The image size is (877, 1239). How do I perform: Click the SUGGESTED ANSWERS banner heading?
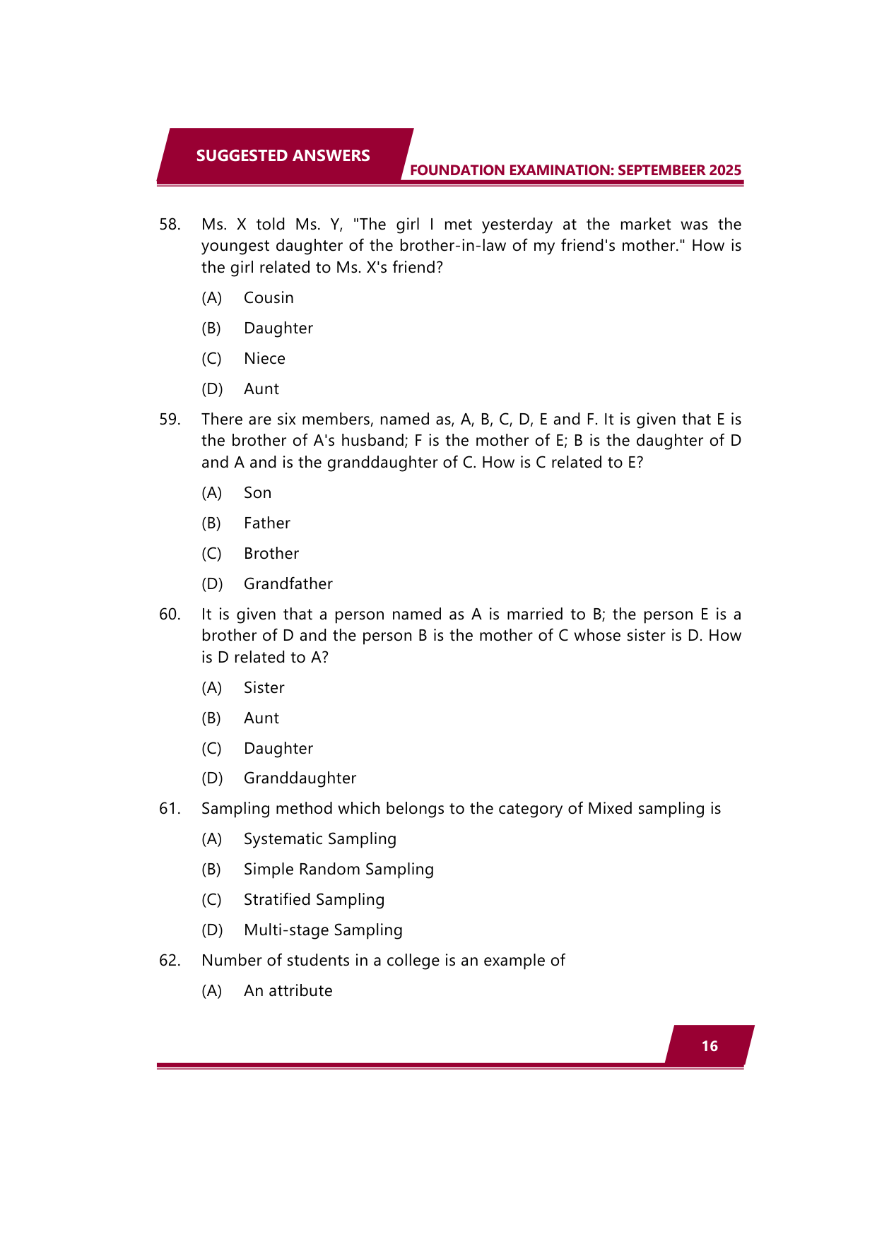tap(283, 155)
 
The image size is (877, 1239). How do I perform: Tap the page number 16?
tap(710, 1046)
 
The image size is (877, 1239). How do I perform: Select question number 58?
tap(170, 225)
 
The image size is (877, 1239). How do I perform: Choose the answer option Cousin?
tap(269, 298)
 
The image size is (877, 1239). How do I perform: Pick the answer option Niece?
tap(264, 359)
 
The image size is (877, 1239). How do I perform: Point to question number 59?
tap(170, 420)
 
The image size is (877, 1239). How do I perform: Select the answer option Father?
tap(266, 523)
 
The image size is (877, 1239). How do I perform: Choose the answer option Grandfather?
tap(288, 584)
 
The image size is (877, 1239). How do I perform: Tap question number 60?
tap(170, 615)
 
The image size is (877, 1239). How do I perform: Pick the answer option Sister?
tap(264, 688)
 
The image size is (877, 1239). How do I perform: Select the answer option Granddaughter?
tap(300, 778)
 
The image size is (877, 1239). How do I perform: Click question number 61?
tap(170, 809)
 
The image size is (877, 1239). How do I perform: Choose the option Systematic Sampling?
tap(319, 839)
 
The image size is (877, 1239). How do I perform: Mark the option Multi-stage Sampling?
tap(323, 930)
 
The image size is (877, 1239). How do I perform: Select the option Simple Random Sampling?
tap(339, 870)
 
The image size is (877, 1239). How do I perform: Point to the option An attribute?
tap(288, 991)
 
